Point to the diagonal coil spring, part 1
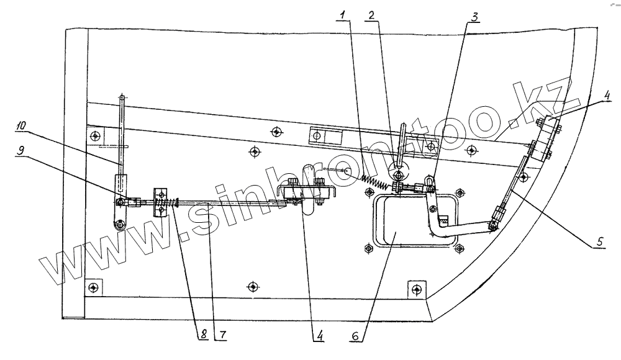coord(376,181)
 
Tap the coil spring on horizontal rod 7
coord(167,202)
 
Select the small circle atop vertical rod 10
coord(122,97)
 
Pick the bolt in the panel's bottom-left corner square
coord(93,287)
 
